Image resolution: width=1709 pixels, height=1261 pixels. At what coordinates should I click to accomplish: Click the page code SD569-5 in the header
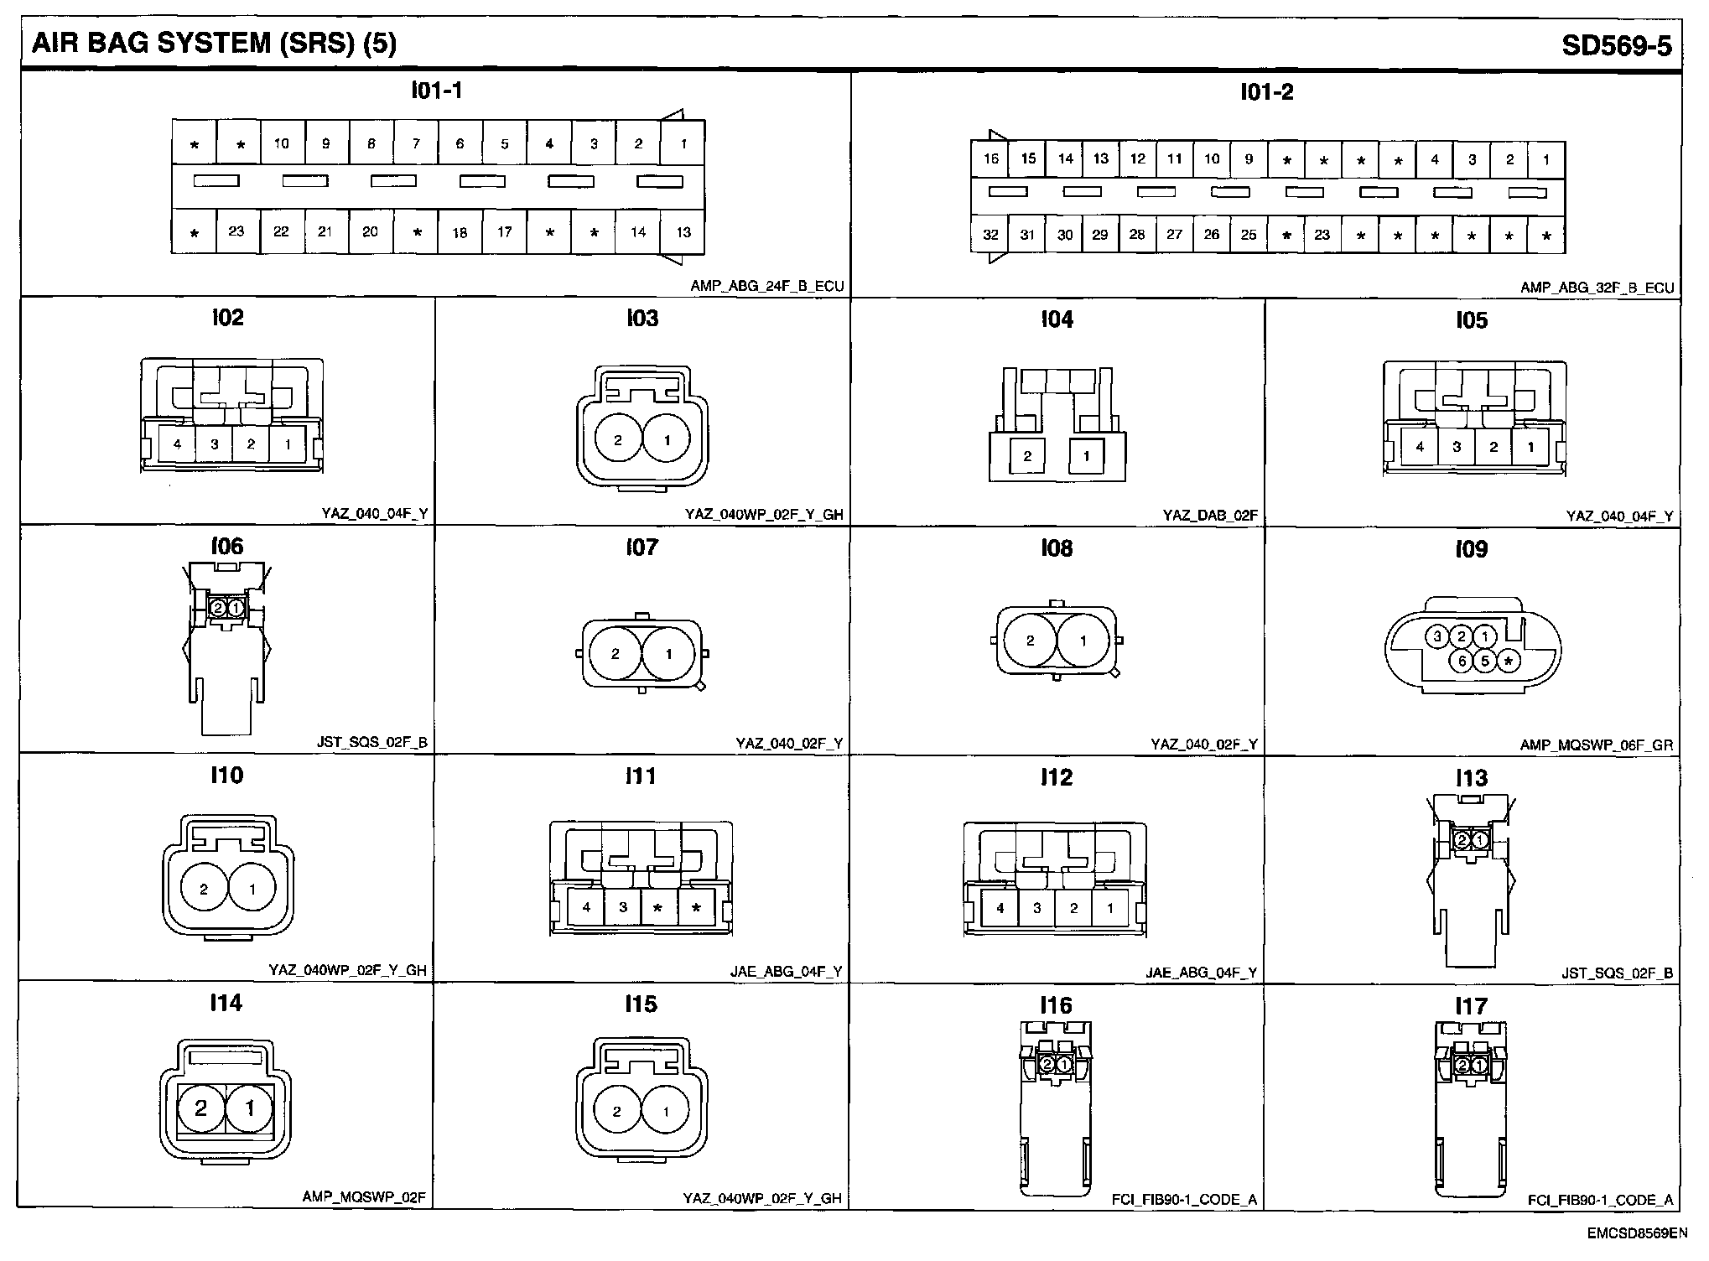point(1616,45)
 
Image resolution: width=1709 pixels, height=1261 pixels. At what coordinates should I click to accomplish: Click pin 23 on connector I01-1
point(236,231)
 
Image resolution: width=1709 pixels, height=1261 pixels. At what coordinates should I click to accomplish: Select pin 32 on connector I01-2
point(990,235)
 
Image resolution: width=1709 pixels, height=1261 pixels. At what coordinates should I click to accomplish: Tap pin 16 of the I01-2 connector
point(990,158)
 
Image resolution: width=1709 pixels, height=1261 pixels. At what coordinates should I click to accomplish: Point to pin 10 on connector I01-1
point(281,143)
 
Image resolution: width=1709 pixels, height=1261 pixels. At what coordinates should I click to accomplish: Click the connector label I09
point(1472,549)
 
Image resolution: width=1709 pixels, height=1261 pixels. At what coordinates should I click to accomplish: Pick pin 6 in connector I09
point(1462,662)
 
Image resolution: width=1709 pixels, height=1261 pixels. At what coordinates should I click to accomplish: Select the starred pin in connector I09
point(1509,662)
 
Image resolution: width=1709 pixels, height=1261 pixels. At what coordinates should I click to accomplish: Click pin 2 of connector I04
point(1027,456)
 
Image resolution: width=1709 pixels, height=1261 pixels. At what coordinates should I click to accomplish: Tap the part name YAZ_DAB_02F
point(1210,516)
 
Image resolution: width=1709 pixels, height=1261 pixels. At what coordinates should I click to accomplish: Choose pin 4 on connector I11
point(586,907)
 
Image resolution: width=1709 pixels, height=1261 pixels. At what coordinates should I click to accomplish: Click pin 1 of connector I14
point(249,1108)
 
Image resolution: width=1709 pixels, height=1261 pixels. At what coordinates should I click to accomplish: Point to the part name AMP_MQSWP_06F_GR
point(1596,745)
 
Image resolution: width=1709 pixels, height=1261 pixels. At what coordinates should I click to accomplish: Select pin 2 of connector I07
point(616,654)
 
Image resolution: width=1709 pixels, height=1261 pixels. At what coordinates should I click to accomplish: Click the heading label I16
point(1056,1005)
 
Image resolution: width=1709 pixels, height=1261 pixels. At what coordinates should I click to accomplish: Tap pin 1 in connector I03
point(667,439)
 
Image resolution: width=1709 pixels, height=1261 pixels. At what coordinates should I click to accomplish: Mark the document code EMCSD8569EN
point(1636,1233)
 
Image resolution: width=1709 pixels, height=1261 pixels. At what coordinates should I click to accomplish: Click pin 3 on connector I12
point(1037,908)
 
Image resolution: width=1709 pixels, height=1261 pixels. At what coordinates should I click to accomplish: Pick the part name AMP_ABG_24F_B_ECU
point(766,287)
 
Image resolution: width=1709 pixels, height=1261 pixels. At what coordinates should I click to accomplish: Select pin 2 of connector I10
point(204,890)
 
